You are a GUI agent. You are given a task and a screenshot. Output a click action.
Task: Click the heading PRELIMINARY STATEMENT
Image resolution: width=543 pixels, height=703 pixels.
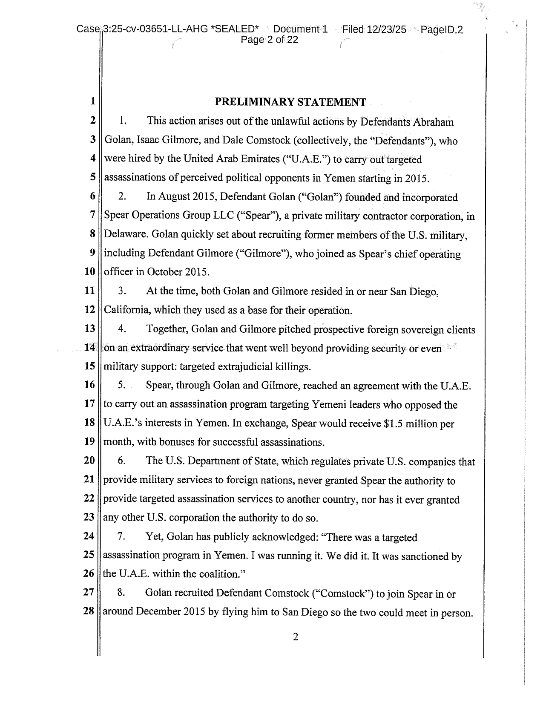click(290, 102)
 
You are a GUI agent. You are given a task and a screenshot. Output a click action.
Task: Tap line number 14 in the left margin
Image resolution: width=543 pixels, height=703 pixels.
click(89, 348)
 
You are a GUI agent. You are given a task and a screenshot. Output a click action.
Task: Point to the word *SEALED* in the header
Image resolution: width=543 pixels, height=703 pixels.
click(235, 29)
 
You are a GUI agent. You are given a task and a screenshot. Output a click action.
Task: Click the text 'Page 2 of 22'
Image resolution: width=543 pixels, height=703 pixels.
click(269, 40)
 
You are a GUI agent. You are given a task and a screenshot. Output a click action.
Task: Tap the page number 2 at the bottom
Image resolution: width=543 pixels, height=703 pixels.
click(296, 637)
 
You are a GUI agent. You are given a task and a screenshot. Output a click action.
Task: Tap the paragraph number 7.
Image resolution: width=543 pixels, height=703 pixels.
click(121, 537)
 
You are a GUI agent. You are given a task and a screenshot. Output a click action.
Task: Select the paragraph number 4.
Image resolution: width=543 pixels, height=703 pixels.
click(121, 329)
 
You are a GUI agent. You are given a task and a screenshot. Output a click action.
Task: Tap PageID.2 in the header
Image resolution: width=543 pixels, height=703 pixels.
click(441, 29)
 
